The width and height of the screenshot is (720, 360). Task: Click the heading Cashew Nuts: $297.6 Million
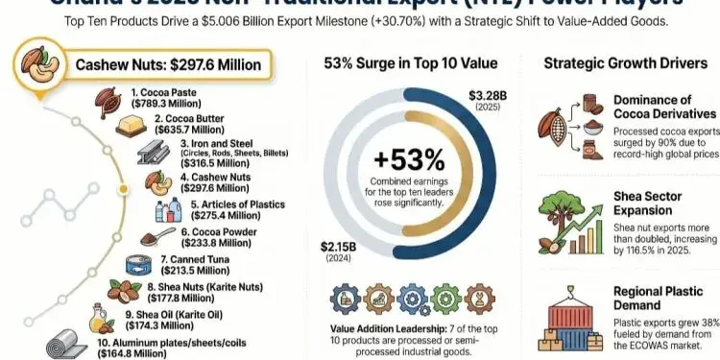pos(160,66)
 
